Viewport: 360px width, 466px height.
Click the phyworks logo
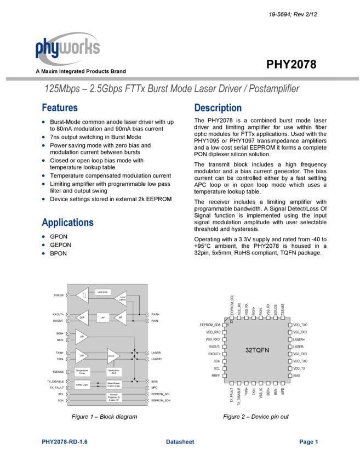pos(67,48)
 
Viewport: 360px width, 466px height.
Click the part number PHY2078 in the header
pos(291,64)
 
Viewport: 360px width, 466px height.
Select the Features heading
pos(60,107)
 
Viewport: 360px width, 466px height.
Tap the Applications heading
pos(67,222)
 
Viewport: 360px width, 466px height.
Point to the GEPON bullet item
pos(60,245)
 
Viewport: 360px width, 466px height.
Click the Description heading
pos(218,107)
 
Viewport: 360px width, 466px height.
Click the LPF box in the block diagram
pos(102,317)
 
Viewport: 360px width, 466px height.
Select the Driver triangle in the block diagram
pos(112,356)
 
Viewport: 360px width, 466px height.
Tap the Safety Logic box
pos(82,384)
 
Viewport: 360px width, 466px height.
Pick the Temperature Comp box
pos(82,372)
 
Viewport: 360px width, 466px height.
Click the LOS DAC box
pos(102,292)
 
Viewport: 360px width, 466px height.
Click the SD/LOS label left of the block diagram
pos(59,295)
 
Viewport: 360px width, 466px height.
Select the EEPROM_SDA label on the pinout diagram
pos(209,325)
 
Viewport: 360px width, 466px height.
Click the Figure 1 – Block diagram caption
pos(104,417)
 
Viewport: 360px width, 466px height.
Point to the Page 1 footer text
pos(308,442)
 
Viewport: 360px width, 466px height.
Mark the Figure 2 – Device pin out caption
pos(255,417)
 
